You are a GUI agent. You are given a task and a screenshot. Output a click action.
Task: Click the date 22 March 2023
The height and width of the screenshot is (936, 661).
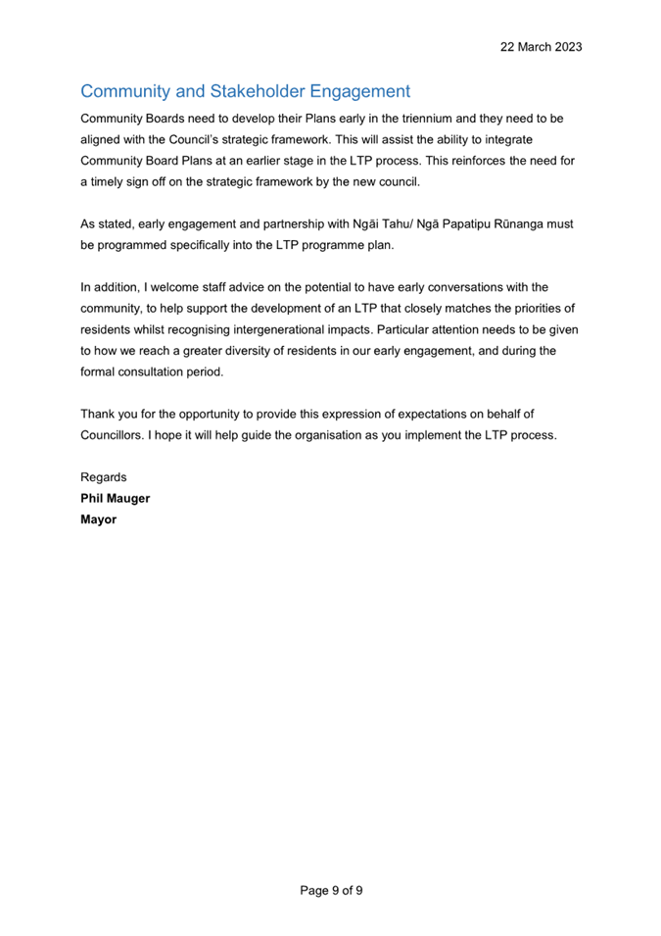[542, 46]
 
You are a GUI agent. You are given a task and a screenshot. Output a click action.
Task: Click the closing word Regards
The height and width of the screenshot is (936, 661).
[103, 477]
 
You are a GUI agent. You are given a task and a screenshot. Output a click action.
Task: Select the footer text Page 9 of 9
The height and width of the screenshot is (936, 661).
[331, 890]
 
